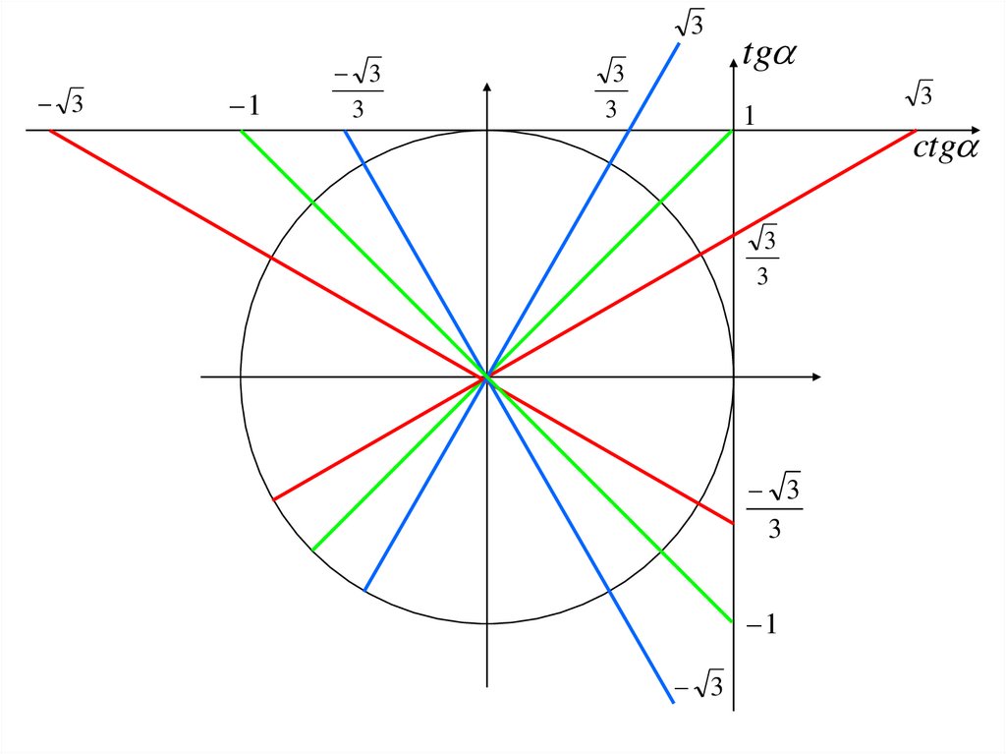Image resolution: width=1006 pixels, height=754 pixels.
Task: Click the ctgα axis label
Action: (947, 148)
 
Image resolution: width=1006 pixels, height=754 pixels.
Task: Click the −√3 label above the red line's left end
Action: (62, 102)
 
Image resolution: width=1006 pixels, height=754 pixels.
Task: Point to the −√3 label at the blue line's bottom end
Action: (699, 683)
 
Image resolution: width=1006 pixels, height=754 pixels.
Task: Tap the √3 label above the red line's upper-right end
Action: (918, 94)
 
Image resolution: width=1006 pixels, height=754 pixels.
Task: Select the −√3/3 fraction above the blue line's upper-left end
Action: (358, 90)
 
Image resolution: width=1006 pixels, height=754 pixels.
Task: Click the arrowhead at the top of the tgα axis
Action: (734, 61)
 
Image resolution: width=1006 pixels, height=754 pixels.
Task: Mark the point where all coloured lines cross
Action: (486, 377)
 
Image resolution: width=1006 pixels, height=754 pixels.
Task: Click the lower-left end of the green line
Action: (312, 550)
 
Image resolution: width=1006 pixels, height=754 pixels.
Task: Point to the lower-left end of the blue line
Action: (364, 590)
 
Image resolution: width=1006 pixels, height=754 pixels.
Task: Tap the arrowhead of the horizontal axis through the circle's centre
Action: (815, 377)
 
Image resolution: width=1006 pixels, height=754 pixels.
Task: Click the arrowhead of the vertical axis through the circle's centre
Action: (486, 88)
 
